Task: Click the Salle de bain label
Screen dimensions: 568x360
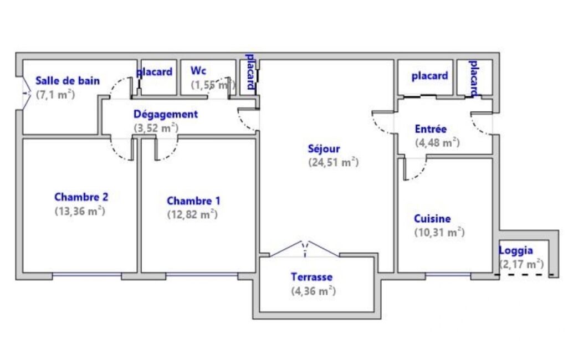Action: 68,80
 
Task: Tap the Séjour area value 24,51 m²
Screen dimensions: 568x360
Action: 333,162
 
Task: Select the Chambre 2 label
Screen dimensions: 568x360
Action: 81,197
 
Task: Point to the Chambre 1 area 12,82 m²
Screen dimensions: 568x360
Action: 192,214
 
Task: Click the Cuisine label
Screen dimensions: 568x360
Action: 432,218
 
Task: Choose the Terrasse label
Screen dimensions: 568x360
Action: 311,277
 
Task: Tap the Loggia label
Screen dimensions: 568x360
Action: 516,251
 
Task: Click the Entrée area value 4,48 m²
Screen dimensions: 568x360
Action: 437,143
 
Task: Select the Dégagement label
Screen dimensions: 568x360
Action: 166,115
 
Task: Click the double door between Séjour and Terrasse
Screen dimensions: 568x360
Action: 305,249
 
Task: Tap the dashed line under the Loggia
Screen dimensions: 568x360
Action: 525,275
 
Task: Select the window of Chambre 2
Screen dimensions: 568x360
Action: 87,275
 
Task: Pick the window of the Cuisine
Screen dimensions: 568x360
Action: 448,275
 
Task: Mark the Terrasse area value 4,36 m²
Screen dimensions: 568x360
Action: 313,291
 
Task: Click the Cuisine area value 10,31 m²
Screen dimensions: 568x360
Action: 439,232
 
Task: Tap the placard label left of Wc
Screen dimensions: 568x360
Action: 155,72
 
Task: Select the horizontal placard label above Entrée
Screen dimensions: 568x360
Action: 429,76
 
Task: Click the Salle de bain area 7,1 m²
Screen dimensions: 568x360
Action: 55,95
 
